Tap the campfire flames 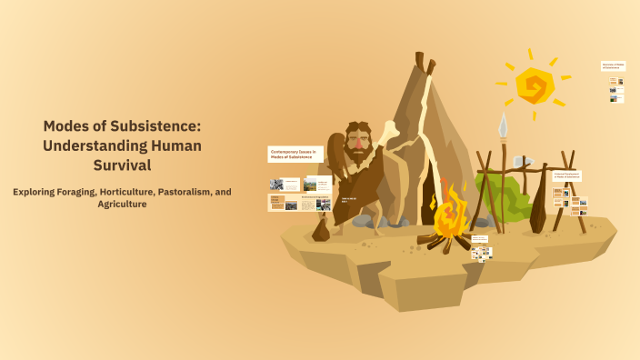tap(448, 215)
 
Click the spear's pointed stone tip tap(502, 125)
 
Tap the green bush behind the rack tap(509, 195)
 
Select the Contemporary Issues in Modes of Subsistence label tap(295, 155)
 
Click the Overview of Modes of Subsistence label tap(613, 66)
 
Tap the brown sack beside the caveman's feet tap(321, 231)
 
